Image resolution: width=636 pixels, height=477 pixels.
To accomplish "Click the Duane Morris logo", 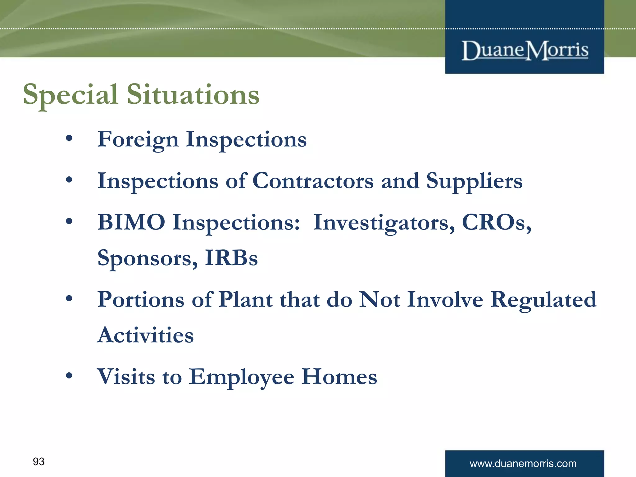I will coord(525,50).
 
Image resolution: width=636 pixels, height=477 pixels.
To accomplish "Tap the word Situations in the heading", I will coord(193,94).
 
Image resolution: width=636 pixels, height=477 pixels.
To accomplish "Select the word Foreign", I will coord(138,140).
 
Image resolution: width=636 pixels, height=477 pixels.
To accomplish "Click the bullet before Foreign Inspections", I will coord(69,138).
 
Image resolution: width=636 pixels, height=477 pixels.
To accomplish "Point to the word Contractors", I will coord(313,181).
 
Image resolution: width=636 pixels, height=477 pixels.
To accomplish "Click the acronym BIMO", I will coord(131,222).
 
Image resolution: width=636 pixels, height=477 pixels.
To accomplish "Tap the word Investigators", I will coord(384,223).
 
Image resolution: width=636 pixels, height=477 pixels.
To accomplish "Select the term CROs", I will coord(496,223).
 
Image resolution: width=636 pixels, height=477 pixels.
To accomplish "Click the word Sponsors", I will coord(148,258).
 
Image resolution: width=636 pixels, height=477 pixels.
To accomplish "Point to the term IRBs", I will coord(231,258).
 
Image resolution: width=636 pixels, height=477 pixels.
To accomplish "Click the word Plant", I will coord(246,299).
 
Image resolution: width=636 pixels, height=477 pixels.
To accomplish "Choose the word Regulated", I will coord(543,300).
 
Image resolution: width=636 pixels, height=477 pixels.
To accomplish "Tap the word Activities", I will coord(145,335).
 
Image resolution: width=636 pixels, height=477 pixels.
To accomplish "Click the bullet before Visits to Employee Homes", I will coord(69,376).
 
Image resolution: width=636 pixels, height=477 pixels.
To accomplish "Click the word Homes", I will coord(339,377).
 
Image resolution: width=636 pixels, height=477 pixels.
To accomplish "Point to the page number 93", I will coord(39,461).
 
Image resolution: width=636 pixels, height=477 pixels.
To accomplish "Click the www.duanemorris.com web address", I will coord(523,464).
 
